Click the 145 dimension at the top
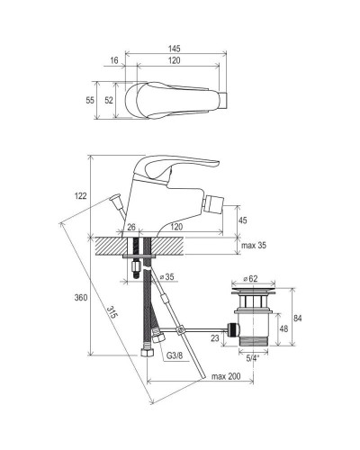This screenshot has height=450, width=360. [174, 49]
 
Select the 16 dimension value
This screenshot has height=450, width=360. [114, 60]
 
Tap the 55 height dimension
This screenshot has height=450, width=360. [90, 100]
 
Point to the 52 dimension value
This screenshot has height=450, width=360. [109, 100]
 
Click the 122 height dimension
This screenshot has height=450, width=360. [80, 196]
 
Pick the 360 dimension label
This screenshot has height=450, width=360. [81, 297]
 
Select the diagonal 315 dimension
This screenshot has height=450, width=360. [112, 312]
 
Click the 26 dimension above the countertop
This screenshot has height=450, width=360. [131, 227]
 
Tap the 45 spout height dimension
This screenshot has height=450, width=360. [243, 220]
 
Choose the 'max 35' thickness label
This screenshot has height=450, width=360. [254, 246]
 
